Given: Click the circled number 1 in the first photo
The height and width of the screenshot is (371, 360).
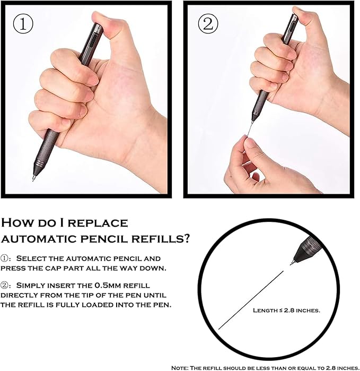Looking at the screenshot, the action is [x=23, y=24].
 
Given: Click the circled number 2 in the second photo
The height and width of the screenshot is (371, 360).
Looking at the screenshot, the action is [x=208, y=24].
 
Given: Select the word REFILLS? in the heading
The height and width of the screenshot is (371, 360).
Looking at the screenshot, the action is [x=161, y=239].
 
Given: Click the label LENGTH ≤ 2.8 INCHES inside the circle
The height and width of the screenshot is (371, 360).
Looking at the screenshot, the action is [x=286, y=310].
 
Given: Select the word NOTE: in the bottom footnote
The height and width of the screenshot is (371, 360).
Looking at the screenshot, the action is [x=181, y=368].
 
